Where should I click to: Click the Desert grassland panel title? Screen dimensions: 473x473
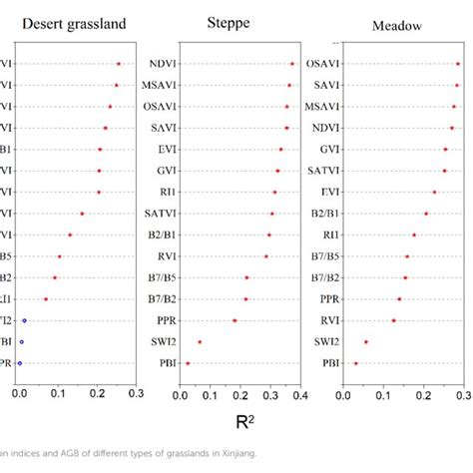66,23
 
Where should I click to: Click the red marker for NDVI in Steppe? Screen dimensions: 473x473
292,64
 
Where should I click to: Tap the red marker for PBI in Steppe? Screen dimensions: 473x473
188,363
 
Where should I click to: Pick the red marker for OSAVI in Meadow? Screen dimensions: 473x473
458,64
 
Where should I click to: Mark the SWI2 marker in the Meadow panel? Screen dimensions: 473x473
366,341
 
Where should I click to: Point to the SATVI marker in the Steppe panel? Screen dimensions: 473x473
271,214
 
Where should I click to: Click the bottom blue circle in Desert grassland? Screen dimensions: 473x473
19,363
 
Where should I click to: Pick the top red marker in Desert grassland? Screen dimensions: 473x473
119,64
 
